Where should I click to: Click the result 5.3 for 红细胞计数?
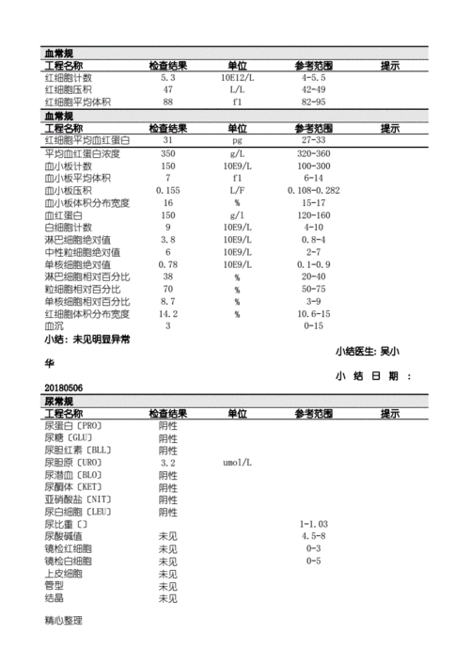click(167, 77)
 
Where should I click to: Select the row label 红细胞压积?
click(69, 89)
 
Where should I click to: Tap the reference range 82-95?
click(313, 102)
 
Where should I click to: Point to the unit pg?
click(237, 139)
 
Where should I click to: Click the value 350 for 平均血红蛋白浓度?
click(167, 152)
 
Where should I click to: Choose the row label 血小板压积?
click(69, 190)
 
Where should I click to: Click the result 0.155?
click(167, 190)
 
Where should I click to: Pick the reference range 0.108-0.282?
click(313, 190)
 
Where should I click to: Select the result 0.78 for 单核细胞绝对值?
click(167, 265)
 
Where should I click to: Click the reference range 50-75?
click(313, 290)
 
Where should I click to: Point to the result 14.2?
click(167, 314)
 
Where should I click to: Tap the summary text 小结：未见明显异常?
click(88, 340)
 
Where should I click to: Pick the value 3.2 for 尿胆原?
click(167, 463)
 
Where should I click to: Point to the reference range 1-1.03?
click(313, 524)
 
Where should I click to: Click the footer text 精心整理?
click(63, 622)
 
